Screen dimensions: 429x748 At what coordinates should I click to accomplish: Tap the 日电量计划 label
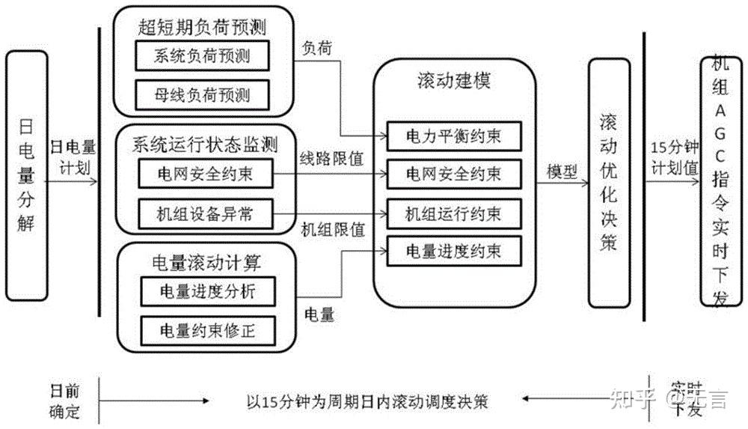pos(70,156)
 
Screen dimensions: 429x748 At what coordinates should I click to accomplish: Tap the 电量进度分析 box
pos(208,290)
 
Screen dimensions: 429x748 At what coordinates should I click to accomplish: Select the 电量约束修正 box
pos(208,329)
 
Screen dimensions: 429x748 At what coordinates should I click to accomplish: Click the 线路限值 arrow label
pos(331,159)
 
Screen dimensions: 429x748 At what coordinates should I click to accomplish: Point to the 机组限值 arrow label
pos(331,228)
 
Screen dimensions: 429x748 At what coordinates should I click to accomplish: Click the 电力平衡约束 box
pos(453,136)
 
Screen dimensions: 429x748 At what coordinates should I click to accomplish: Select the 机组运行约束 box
pos(453,213)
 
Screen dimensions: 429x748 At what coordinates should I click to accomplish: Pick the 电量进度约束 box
pos(453,251)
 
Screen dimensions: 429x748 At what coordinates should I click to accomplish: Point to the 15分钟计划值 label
pos(675,156)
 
